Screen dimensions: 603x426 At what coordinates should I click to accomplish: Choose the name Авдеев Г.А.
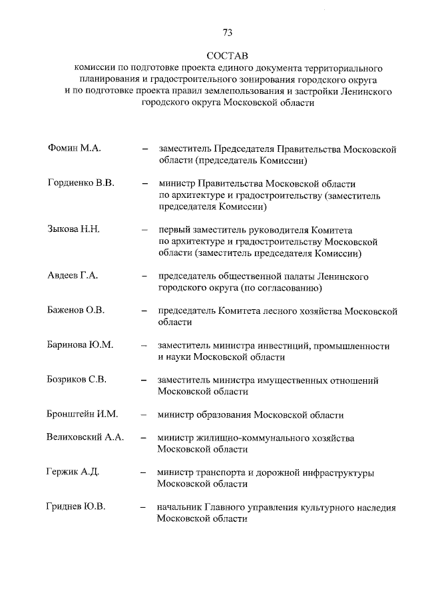(73, 276)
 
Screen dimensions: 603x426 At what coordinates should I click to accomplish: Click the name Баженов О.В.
(76, 310)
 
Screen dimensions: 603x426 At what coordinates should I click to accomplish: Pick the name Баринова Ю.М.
(81, 345)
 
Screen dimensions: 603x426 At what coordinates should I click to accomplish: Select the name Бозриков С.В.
(77, 380)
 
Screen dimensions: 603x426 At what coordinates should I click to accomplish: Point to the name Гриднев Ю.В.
(77, 507)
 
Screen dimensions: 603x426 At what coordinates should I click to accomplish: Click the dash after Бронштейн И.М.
(144, 414)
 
